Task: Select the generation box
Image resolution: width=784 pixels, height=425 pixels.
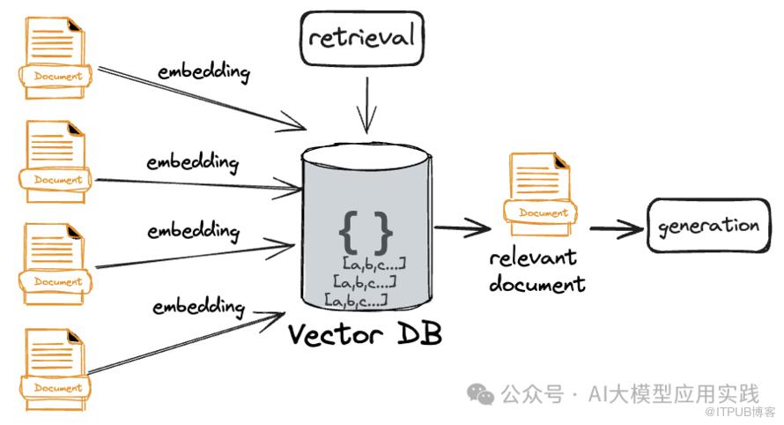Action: tap(707, 226)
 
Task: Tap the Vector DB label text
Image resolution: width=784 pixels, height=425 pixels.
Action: tap(366, 334)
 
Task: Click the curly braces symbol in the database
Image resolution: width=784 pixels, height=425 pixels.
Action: tap(365, 231)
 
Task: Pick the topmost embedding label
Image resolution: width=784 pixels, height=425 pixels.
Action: tap(203, 71)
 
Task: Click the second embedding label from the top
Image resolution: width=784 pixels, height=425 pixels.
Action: tap(193, 163)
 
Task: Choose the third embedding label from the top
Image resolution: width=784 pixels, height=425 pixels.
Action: tap(193, 232)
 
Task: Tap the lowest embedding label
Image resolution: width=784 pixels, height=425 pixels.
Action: tap(198, 307)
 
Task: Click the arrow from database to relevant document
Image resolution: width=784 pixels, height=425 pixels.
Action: tap(462, 228)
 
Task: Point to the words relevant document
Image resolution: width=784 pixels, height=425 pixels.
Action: tap(536, 271)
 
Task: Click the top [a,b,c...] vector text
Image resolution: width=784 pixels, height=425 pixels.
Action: tap(374, 264)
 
